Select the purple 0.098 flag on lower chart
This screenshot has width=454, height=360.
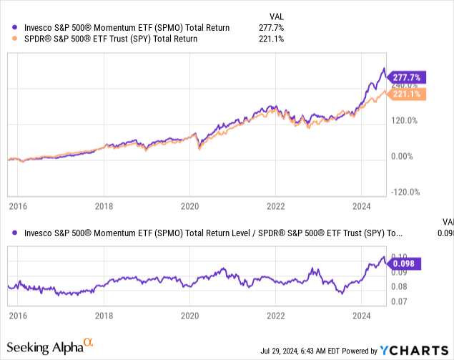tap(405, 263)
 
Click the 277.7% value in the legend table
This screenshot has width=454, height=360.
tap(273, 28)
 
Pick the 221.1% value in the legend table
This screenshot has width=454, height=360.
tap(273, 39)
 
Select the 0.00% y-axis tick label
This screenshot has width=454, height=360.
tap(405, 156)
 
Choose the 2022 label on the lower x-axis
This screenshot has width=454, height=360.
tap(275, 315)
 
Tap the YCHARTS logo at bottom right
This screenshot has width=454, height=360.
tap(412, 350)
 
